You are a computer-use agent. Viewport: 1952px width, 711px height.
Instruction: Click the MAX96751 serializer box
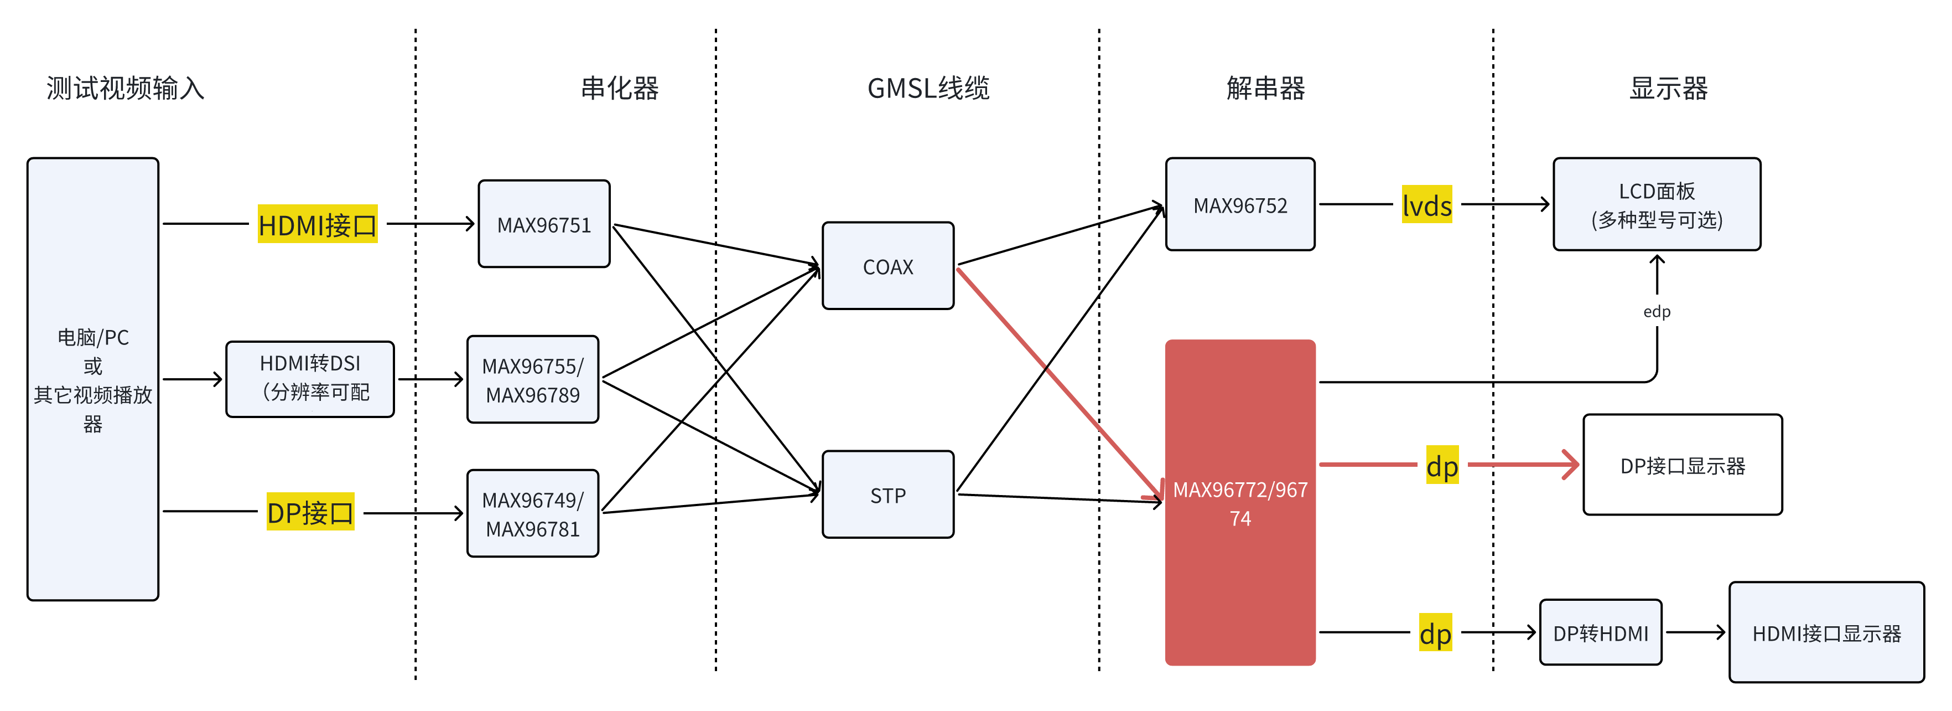(x=543, y=224)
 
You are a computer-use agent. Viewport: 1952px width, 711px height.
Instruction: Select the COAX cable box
(x=887, y=266)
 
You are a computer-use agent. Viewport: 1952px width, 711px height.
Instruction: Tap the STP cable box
(x=887, y=495)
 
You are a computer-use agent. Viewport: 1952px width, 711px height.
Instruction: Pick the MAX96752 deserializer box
(x=1240, y=205)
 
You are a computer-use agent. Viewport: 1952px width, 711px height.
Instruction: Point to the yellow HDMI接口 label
(x=318, y=224)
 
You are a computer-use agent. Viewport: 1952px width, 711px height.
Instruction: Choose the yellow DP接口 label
(x=310, y=512)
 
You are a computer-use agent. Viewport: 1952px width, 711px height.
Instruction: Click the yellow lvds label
(x=1426, y=205)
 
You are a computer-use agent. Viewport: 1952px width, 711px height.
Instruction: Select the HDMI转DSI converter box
(x=310, y=378)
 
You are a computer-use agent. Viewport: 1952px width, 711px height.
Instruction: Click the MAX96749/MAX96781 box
(x=533, y=514)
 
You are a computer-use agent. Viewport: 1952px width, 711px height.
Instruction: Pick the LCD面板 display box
(x=1657, y=205)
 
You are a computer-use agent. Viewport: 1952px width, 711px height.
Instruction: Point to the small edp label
(x=1657, y=312)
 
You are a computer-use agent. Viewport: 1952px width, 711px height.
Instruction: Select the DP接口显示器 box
(x=1682, y=465)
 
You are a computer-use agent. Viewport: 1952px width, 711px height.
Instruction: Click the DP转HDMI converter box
(x=1601, y=633)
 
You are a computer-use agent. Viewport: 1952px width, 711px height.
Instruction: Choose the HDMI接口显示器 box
(x=1826, y=633)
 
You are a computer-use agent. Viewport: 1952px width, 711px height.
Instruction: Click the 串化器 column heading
(x=619, y=88)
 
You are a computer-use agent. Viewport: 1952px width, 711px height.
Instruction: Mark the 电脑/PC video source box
(x=92, y=379)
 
